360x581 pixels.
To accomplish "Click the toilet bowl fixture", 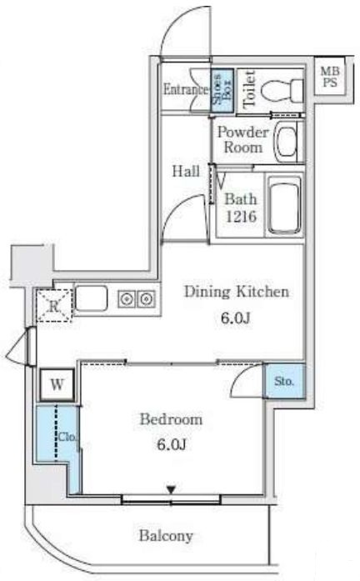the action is (x=282, y=90).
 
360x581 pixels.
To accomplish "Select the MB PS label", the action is (x=330, y=77).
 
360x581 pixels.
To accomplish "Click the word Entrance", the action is (x=186, y=90).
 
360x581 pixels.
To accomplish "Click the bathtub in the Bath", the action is (x=284, y=206).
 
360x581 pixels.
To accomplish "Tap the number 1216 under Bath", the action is (x=241, y=216).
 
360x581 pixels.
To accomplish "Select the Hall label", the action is (x=186, y=171).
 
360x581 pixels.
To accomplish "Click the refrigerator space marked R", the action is (x=54, y=305).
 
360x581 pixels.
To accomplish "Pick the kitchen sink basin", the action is (x=92, y=298).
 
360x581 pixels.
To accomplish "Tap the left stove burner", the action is (x=127, y=298).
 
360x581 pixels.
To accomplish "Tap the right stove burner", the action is (x=146, y=298).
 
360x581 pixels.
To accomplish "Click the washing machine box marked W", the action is (x=57, y=384).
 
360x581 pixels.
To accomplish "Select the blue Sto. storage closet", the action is (x=284, y=381).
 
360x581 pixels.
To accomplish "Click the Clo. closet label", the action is (x=67, y=438).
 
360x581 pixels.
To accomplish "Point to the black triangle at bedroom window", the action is (x=171, y=490).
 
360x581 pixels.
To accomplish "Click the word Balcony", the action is (x=166, y=536).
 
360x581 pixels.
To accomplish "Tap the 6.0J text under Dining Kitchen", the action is (x=235, y=318).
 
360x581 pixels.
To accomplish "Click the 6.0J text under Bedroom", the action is (x=171, y=443).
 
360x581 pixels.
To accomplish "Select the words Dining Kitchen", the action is (x=237, y=292).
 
